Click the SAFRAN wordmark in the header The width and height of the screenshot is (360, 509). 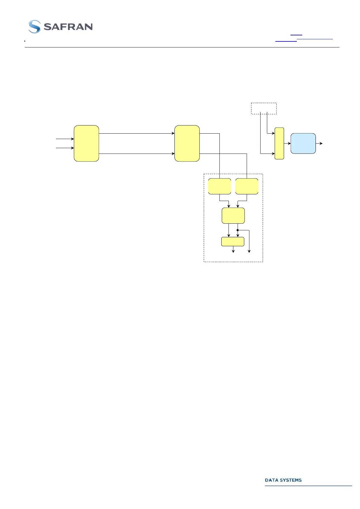pos(68,27)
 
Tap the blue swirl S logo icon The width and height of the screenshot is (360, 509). pos(34,27)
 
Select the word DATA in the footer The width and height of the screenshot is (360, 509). pos(271,480)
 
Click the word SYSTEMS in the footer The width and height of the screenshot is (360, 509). pos(290,480)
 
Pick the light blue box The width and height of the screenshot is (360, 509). pos(303,143)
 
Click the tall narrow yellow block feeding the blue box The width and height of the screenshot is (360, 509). pos(279,143)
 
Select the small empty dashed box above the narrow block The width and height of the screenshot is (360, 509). pos(264,108)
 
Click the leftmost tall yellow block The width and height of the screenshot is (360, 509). pos(86,143)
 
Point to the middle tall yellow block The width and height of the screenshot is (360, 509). pos(187,143)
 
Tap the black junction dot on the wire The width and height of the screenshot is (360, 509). pos(238,230)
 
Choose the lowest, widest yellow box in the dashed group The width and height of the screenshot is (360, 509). pos(233,242)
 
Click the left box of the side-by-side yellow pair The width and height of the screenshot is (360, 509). pos(219,186)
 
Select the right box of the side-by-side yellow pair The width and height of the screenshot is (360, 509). pos(247,186)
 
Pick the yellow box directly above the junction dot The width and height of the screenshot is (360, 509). pos(233,216)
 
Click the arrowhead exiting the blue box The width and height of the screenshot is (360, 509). pos(321,143)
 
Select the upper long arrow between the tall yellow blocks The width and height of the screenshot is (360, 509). pos(137,133)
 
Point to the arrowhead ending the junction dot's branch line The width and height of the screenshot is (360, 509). pos(249,251)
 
